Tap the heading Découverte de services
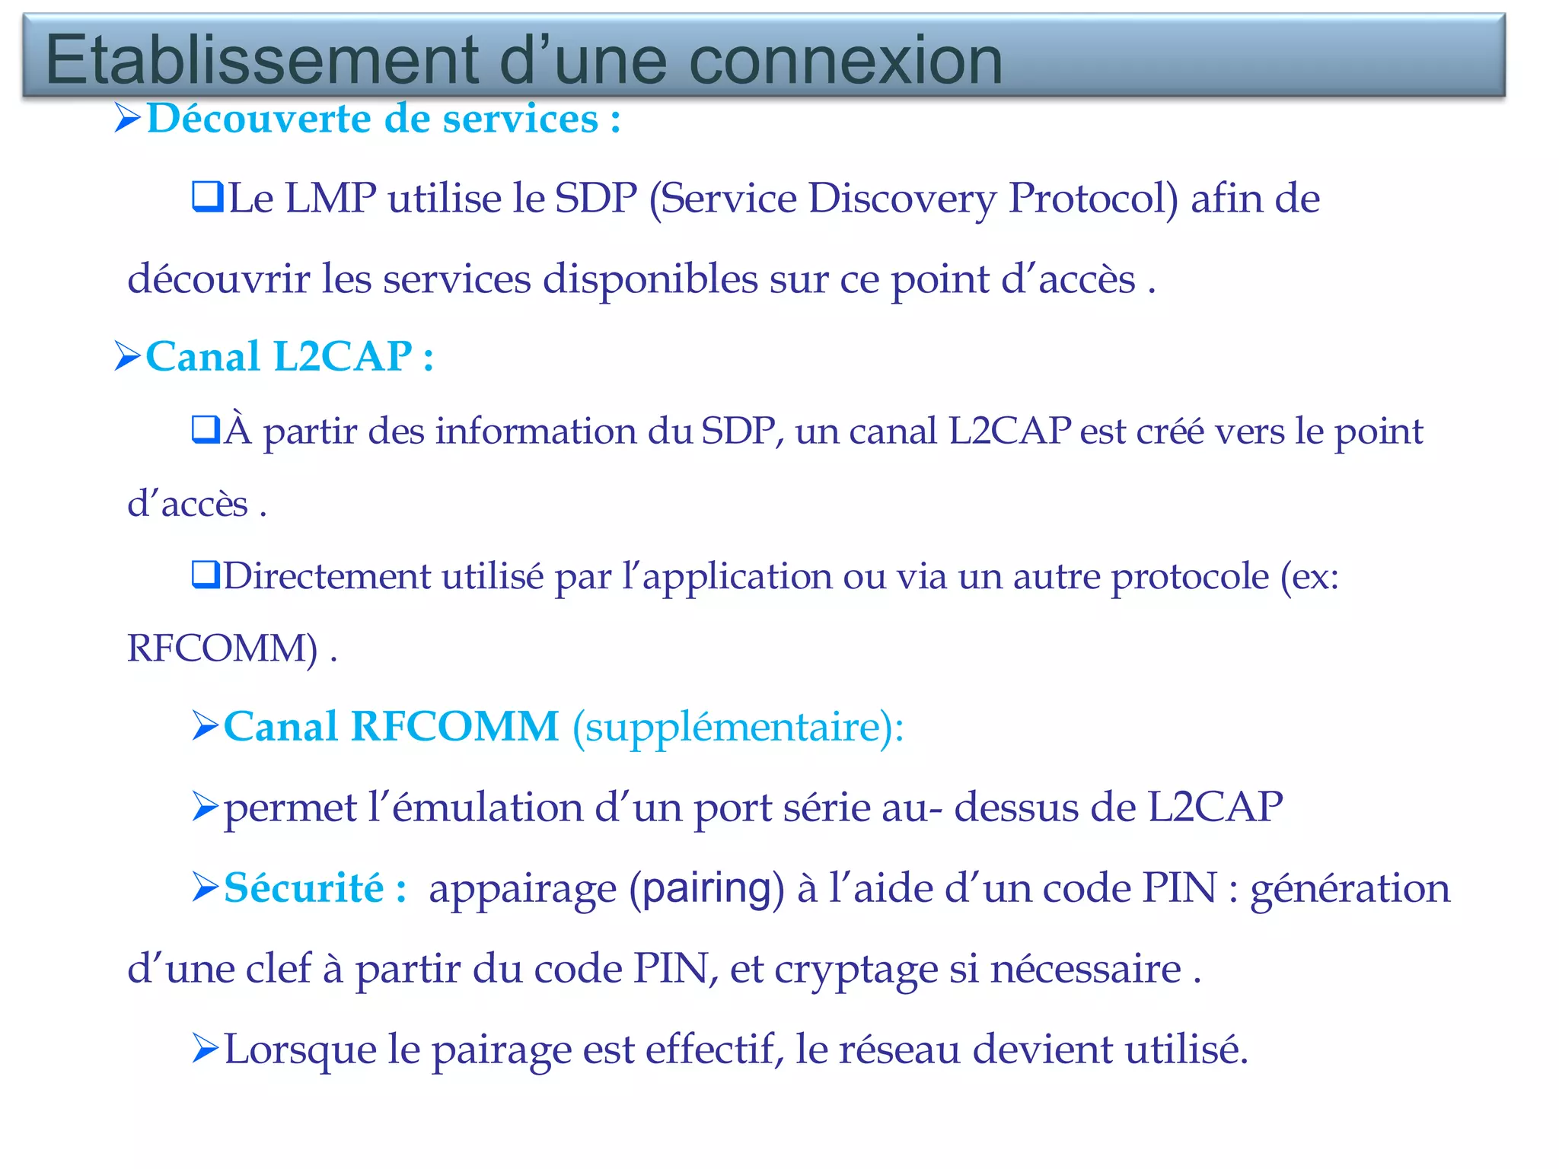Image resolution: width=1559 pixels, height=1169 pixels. pyautogui.click(x=383, y=119)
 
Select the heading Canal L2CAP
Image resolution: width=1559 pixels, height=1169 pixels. pyautogui.click(x=289, y=356)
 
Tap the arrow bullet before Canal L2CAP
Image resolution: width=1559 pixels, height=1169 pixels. pyautogui.click(x=128, y=355)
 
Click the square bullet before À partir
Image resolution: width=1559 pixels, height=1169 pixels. pyautogui.click(x=206, y=429)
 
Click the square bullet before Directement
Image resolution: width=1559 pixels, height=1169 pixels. pyautogui.click(x=206, y=575)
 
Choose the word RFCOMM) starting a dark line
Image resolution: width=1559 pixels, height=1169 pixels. pyautogui.click(x=222, y=648)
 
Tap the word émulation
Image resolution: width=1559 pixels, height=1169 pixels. pyautogui.click(x=488, y=807)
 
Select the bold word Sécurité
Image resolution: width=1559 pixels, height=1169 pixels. pyautogui.click(x=304, y=888)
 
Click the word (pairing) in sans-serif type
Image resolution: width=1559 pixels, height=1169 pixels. pyautogui.click(x=706, y=889)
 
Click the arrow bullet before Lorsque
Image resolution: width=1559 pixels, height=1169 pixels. pyautogui.click(x=206, y=1048)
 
